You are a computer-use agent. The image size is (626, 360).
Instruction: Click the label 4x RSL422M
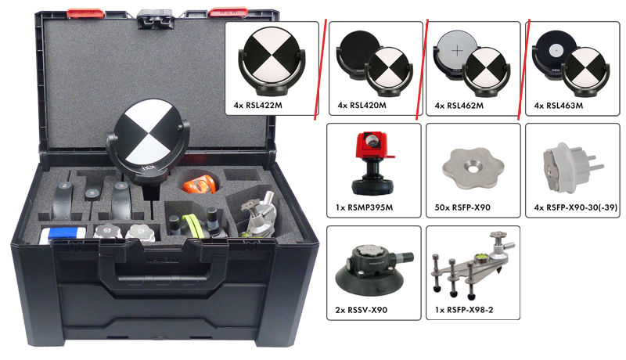click(258, 106)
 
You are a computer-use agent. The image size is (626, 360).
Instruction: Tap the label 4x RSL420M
click(362, 106)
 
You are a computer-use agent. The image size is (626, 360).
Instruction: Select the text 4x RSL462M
click(459, 106)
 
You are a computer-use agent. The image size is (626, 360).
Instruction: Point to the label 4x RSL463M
click(559, 106)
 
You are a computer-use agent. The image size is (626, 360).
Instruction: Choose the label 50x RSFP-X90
click(462, 207)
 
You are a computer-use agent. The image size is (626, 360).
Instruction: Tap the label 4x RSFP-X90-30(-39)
click(576, 207)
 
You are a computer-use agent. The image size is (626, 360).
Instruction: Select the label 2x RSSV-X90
click(362, 310)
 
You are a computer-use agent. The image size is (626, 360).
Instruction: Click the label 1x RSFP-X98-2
click(464, 310)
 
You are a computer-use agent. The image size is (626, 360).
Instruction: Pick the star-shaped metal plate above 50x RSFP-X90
click(473, 167)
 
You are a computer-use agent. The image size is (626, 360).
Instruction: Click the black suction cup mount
click(374, 268)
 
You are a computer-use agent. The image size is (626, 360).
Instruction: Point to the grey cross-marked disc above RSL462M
click(456, 52)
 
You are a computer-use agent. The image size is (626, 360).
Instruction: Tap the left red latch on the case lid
click(85, 13)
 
